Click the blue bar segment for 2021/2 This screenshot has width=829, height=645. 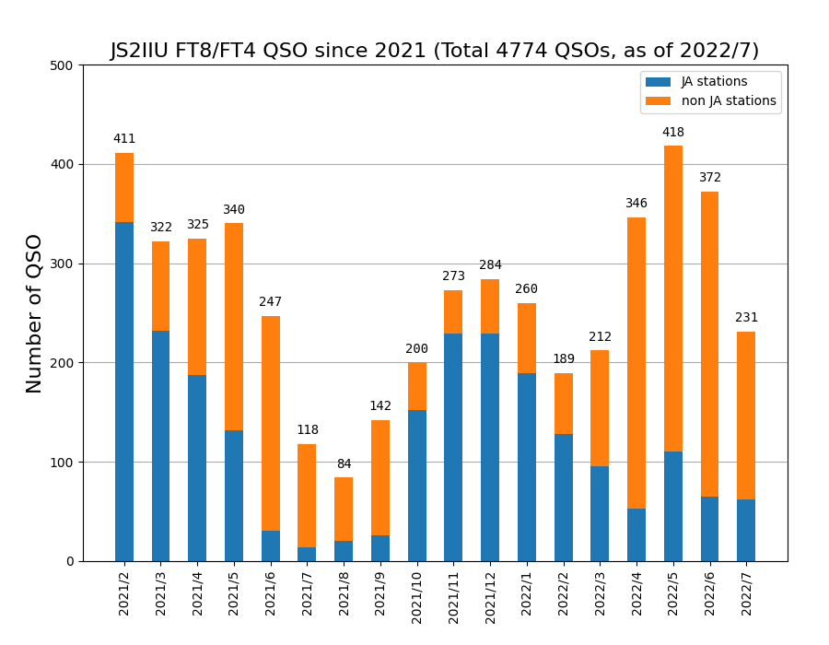[x=124, y=392]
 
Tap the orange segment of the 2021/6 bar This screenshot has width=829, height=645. [x=271, y=423]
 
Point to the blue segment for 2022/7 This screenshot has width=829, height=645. [x=746, y=530]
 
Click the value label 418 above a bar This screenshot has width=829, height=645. [x=673, y=133]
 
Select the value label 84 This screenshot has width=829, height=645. [x=344, y=464]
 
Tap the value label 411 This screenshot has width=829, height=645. [x=124, y=139]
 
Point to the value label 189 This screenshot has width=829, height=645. [x=564, y=359]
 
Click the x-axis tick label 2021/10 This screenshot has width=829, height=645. [x=417, y=591]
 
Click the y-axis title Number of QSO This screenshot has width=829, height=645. [x=35, y=313]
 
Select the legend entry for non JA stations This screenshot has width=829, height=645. [x=728, y=101]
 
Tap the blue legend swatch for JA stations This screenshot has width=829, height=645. [x=658, y=82]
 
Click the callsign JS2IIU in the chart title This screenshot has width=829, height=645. [x=145, y=51]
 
